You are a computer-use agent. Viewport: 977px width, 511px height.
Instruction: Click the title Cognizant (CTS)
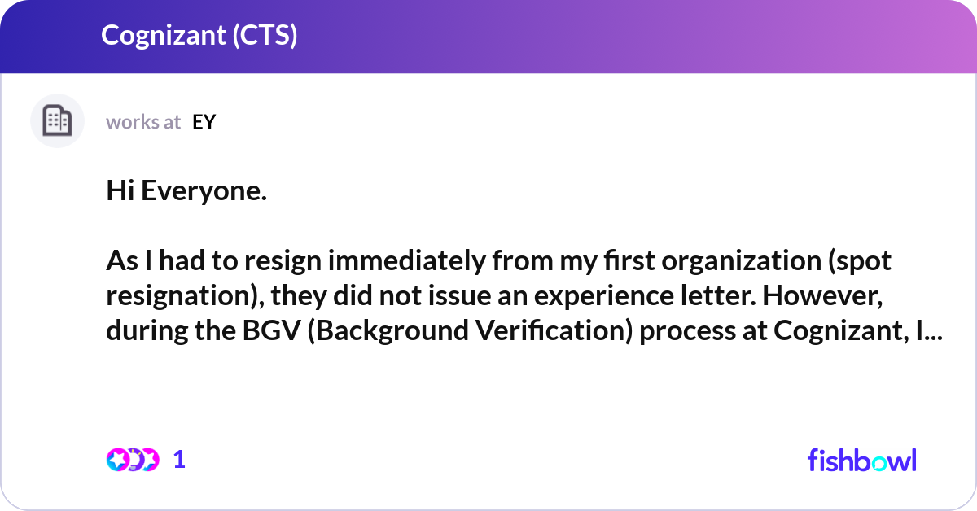(x=199, y=36)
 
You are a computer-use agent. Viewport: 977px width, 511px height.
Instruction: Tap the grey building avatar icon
(x=57, y=121)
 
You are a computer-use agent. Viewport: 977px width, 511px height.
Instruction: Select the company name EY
(x=204, y=122)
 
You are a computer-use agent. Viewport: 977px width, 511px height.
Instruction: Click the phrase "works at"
(x=143, y=122)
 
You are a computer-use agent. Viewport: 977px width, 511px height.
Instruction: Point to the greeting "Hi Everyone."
(x=186, y=192)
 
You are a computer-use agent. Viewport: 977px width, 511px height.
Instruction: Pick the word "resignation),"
(x=180, y=297)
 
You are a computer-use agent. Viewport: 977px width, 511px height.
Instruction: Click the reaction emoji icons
(x=132, y=460)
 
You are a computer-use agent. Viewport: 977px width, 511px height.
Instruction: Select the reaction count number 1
(x=179, y=460)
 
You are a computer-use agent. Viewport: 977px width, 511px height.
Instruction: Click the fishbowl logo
(x=861, y=460)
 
